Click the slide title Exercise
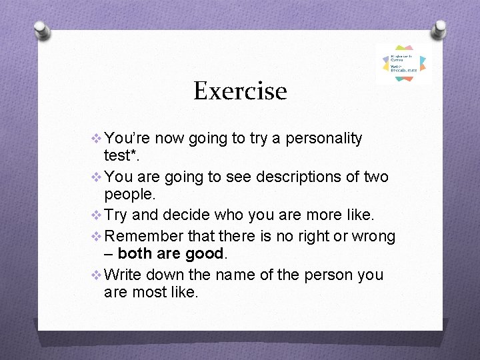pos(240,91)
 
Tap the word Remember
pos(141,236)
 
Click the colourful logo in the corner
pos(404,63)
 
